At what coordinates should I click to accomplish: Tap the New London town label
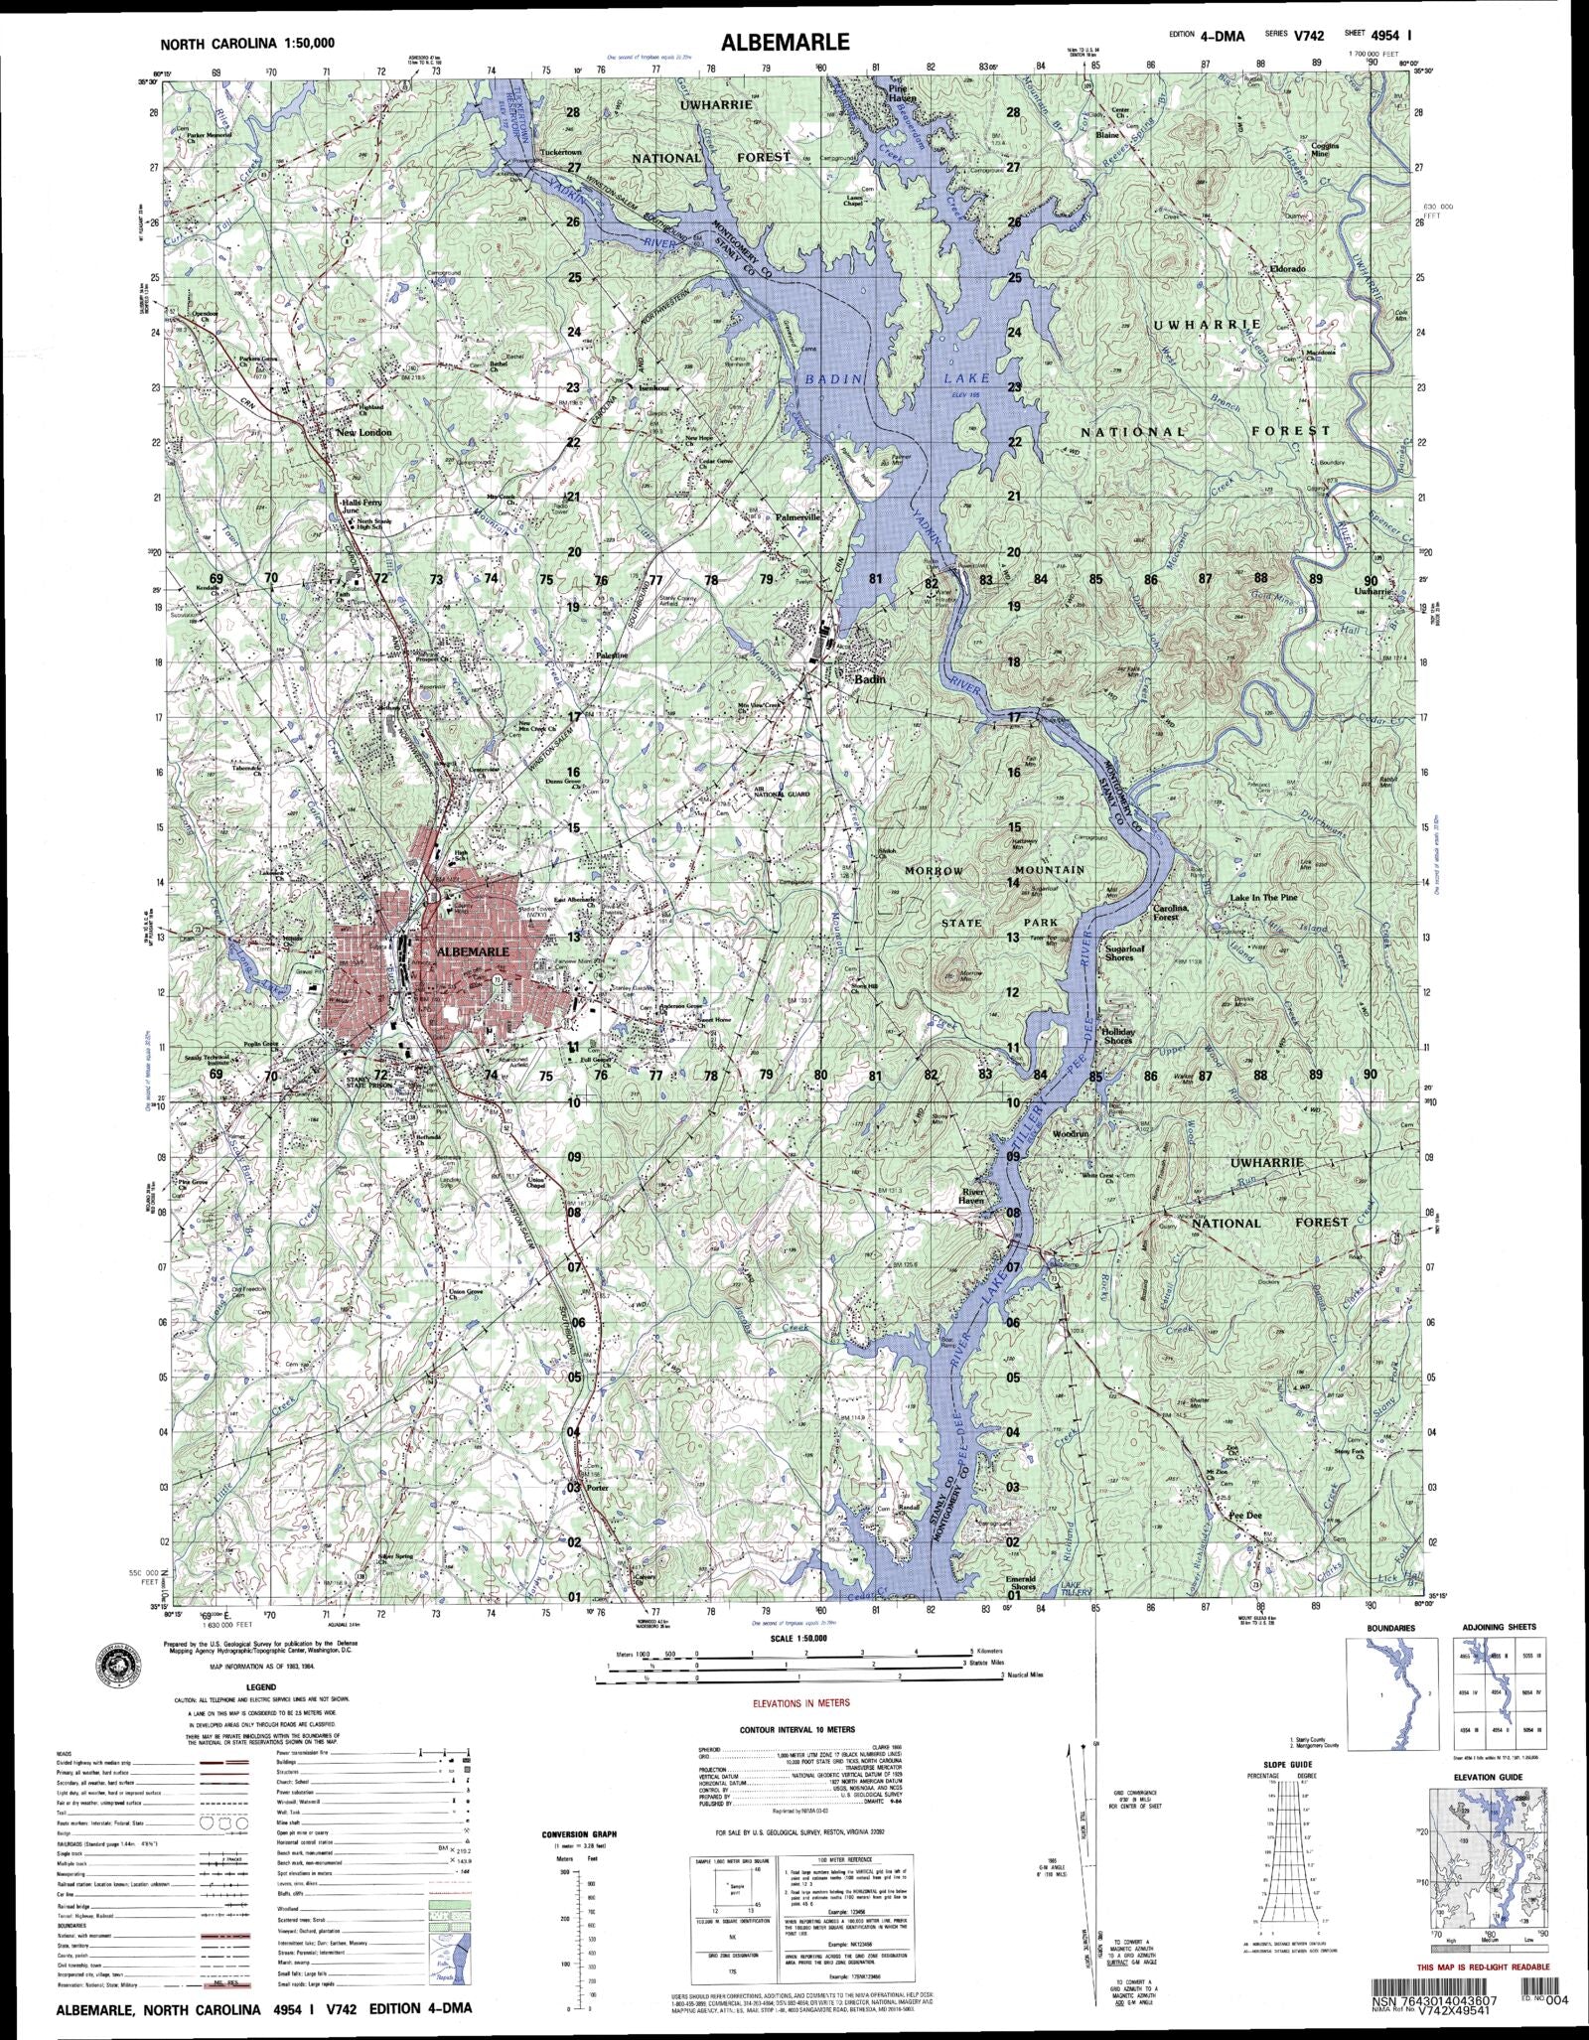point(363,433)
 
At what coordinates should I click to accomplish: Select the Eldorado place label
point(1286,269)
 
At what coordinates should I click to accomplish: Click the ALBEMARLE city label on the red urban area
point(474,950)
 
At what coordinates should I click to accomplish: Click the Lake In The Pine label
point(1263,897)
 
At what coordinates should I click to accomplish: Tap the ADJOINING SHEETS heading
point(1500,1627)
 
